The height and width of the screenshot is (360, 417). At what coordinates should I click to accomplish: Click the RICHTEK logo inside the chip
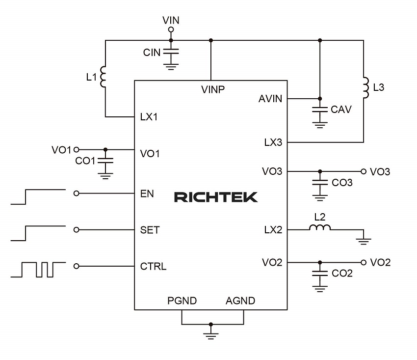click(216, 197)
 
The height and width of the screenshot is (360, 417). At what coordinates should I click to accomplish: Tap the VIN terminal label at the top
click(171, 20)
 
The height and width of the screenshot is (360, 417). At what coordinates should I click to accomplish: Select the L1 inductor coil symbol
click(103, 77)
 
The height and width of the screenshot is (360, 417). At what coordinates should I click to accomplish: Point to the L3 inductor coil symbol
click(365, 87)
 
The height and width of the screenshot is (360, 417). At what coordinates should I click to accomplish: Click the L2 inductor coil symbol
click(320, 227)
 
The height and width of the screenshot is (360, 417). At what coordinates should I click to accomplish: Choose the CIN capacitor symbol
click(171, 51)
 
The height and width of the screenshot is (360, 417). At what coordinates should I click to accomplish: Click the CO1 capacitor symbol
click(105, 160)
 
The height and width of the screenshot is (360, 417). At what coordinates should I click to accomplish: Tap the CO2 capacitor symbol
click(320, 273)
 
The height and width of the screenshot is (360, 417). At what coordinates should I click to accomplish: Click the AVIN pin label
click(270, 99)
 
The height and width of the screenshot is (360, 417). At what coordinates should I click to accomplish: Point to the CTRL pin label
click(153, 267)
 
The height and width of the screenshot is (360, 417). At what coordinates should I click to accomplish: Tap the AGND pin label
click(240, 301)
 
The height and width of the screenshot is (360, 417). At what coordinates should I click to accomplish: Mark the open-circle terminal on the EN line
click(76, 194)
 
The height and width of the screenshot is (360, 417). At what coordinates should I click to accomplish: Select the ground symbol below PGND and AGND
click(211, 335)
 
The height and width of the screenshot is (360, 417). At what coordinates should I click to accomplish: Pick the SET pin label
click(150, 230)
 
